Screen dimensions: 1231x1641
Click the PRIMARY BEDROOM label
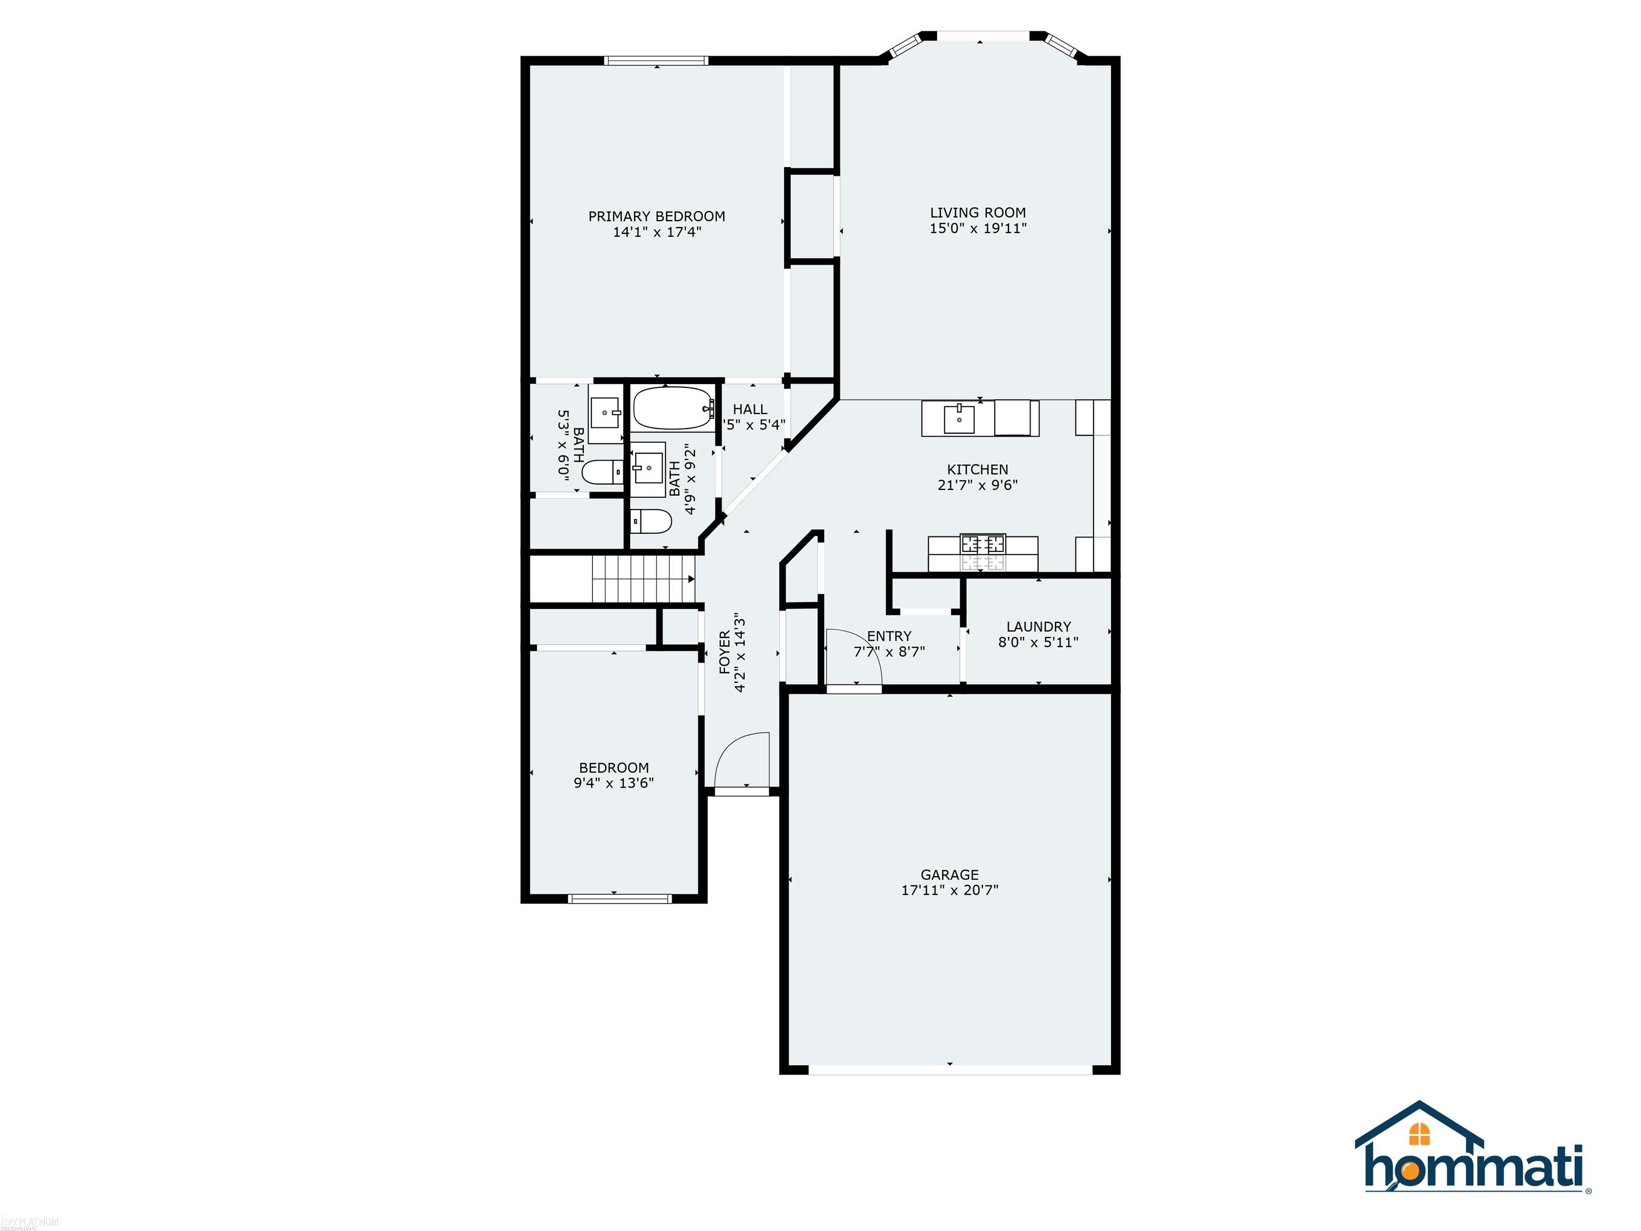click(x=657, y=216)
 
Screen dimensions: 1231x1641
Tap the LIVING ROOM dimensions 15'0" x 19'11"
click(x=978, y=229)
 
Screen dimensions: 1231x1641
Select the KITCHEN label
click(x=977, y=469)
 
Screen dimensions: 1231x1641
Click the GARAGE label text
click(x=950, y=874)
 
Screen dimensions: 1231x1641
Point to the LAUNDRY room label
click(x=1038, y=626)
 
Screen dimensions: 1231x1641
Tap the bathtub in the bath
click(x=671, y=408)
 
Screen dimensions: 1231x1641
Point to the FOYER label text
click(x=725, y=653)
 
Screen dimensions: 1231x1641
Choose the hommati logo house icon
click(x=1418, y=1133)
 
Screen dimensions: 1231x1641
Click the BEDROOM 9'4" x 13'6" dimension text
click(x=614, y=783)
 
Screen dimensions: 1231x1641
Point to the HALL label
click(x=750, y=409)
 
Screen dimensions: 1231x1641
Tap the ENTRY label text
click(x=889, y=636)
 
